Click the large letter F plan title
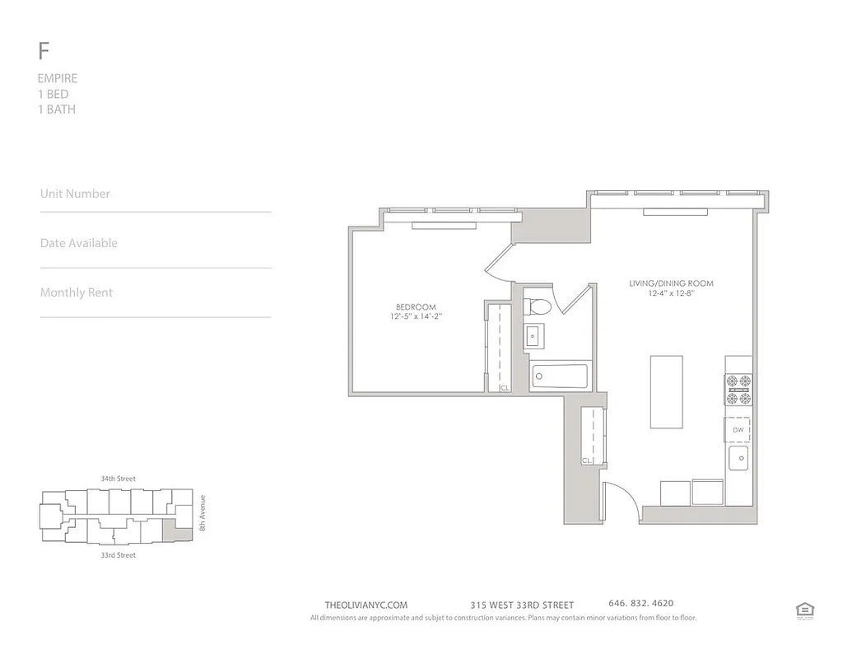coord(44,51)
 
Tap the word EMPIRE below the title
coord(58,78)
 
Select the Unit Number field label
coord(75,194)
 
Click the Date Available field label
coord(79,243)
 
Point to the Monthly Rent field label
coord(77,292)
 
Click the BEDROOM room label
coord(417,307)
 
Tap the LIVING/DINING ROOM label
coord(671,283)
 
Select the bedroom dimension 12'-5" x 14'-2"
coord(417,316)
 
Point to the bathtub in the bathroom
coord(559,377)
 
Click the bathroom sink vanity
coord(533,335)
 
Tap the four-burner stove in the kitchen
coord(738,390)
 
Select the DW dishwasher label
coord(738,430)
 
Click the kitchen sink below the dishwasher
coord(738,458)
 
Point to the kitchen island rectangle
coord(666,391)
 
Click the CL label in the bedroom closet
coord(504,387)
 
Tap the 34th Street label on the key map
coord(118,479)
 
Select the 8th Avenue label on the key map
coord(202,513)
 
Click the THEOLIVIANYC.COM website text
coord(366,605)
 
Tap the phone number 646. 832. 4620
coord(640,604)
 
